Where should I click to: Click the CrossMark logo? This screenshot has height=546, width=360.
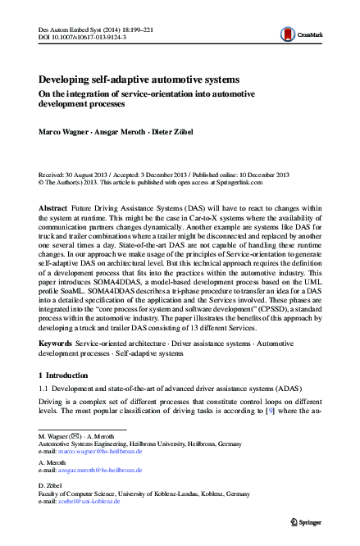298,34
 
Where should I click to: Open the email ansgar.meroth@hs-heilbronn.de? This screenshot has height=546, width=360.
100,471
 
